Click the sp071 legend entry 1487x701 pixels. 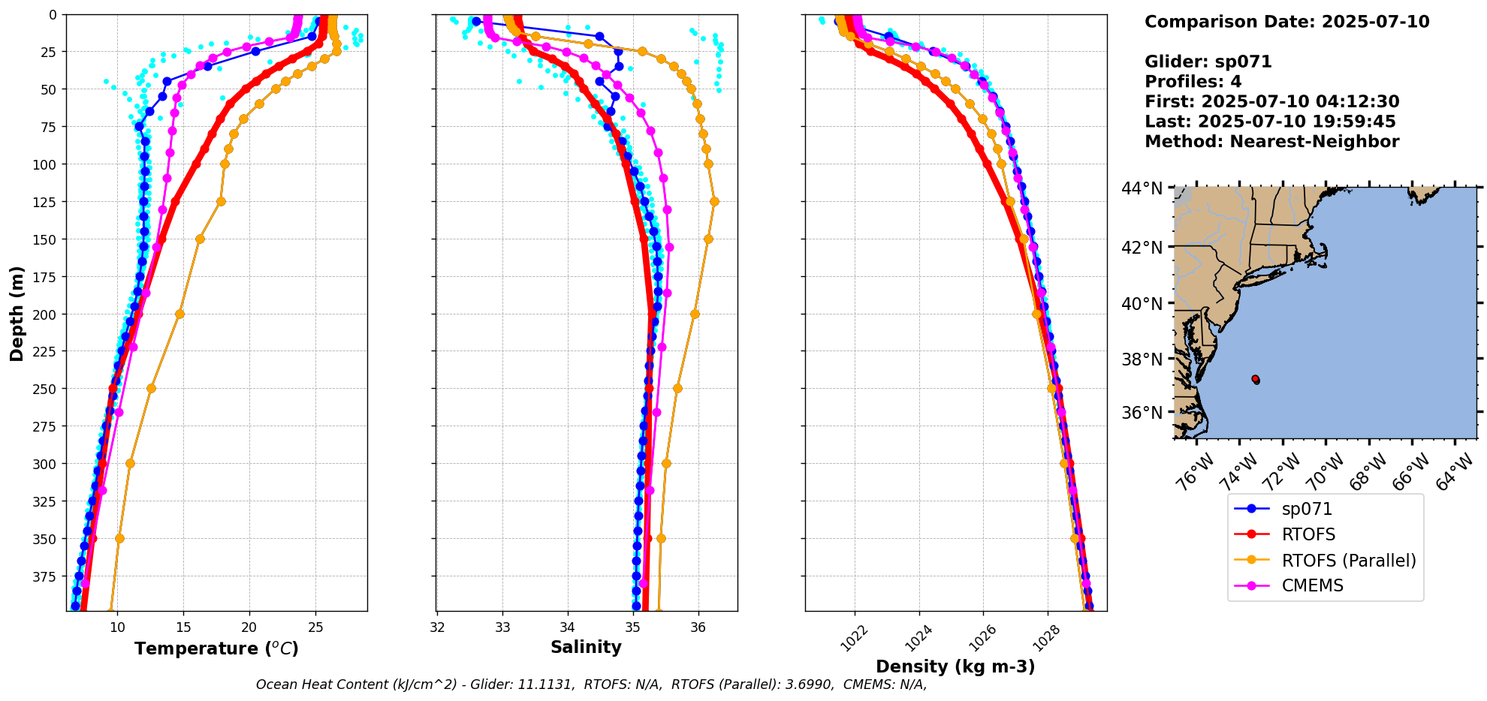pos(1307,509)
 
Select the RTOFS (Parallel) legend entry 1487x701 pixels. pos(1348,560)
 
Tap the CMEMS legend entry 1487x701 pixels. pos(1312,585)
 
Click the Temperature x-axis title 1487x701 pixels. pos(216,648)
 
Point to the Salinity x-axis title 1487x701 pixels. pos(586,647)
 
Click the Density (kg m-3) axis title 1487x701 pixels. pos(955,666)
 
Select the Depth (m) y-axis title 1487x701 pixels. pos(17,313)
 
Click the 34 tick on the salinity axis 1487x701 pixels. pos(568,627)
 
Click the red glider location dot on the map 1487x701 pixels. pos(1256,380)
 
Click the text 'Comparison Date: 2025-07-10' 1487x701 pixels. pos(1286,22)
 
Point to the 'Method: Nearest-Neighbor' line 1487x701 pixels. pos(1271,142)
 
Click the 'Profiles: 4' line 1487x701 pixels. pos(1193,82)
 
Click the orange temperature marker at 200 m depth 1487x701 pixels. pos(179,314)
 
